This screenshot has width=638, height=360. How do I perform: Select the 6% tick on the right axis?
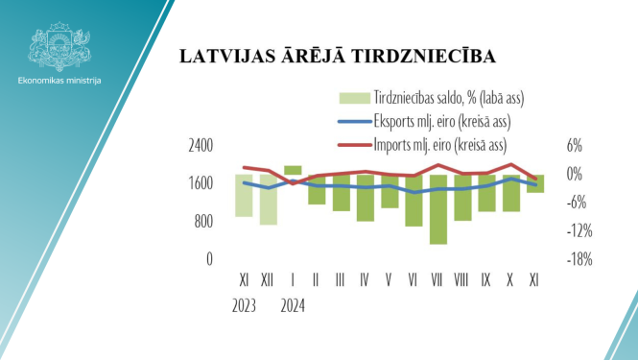tap(574, 146)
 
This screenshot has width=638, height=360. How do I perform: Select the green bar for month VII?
tap(438, 209)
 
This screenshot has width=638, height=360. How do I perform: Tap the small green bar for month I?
tap(293, 170)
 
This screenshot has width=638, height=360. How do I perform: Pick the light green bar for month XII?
tap(268, 200)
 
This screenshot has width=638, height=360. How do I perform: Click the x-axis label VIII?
tap(461, 278)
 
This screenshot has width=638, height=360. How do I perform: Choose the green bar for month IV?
tap(365, 198)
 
